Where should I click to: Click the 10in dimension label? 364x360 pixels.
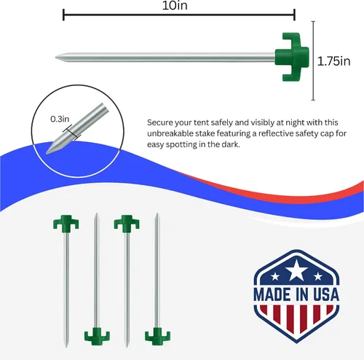pos(175,5)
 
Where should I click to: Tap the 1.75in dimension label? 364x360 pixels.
pos(334,61)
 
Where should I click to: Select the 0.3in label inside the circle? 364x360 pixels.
pos(60,119)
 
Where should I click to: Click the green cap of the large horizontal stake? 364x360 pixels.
pos(292,57)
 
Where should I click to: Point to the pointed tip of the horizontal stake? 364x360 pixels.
pos(56,58)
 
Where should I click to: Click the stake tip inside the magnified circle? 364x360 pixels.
pos(47,153)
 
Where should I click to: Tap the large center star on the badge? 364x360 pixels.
pos(296,270)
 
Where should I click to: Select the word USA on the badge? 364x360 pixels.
pos(326,294)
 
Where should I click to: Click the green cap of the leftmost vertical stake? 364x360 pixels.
pos(66,222)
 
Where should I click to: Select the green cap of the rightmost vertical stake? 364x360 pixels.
pos(157,337)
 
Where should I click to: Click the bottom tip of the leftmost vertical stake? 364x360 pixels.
pos(66,346)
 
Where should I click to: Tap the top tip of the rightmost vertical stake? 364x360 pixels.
pos(157,214)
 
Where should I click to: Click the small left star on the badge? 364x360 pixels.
pos(275,276)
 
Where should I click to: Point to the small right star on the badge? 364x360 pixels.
pos(318,276)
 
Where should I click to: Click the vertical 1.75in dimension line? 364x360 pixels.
pos(313,60)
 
